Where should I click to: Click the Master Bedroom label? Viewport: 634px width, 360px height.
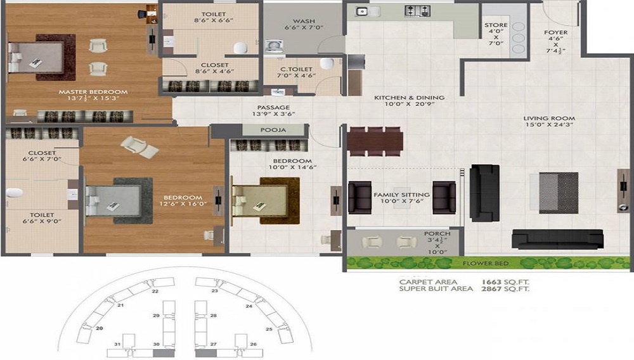pos(93,92)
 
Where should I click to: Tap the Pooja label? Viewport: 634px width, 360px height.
pos(273,130)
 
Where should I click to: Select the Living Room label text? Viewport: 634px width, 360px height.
pos(549,119)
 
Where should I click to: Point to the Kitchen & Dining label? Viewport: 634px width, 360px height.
pos(409,98)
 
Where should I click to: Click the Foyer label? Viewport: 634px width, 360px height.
pos(555,33)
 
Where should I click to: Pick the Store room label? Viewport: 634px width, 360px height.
pos(496,26)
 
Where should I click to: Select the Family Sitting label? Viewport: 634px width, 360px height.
pos(401,195)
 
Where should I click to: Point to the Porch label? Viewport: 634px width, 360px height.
pos(437,234)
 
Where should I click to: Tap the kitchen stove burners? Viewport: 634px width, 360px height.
pos(418,11)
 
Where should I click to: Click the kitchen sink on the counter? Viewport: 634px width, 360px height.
pos(363,11)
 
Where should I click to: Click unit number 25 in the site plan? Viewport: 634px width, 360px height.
pos(269,330)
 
